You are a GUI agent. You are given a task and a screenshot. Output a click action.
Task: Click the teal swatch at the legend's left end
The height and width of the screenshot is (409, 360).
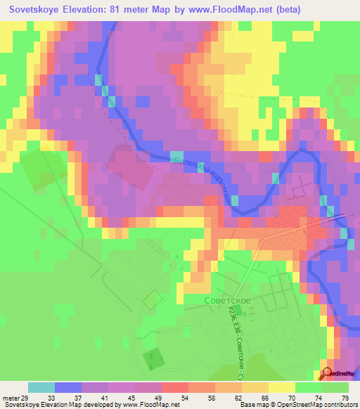click(x=41, y=387)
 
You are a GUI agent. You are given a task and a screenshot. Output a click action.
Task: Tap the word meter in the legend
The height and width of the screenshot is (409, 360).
click(x=9, y=398)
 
